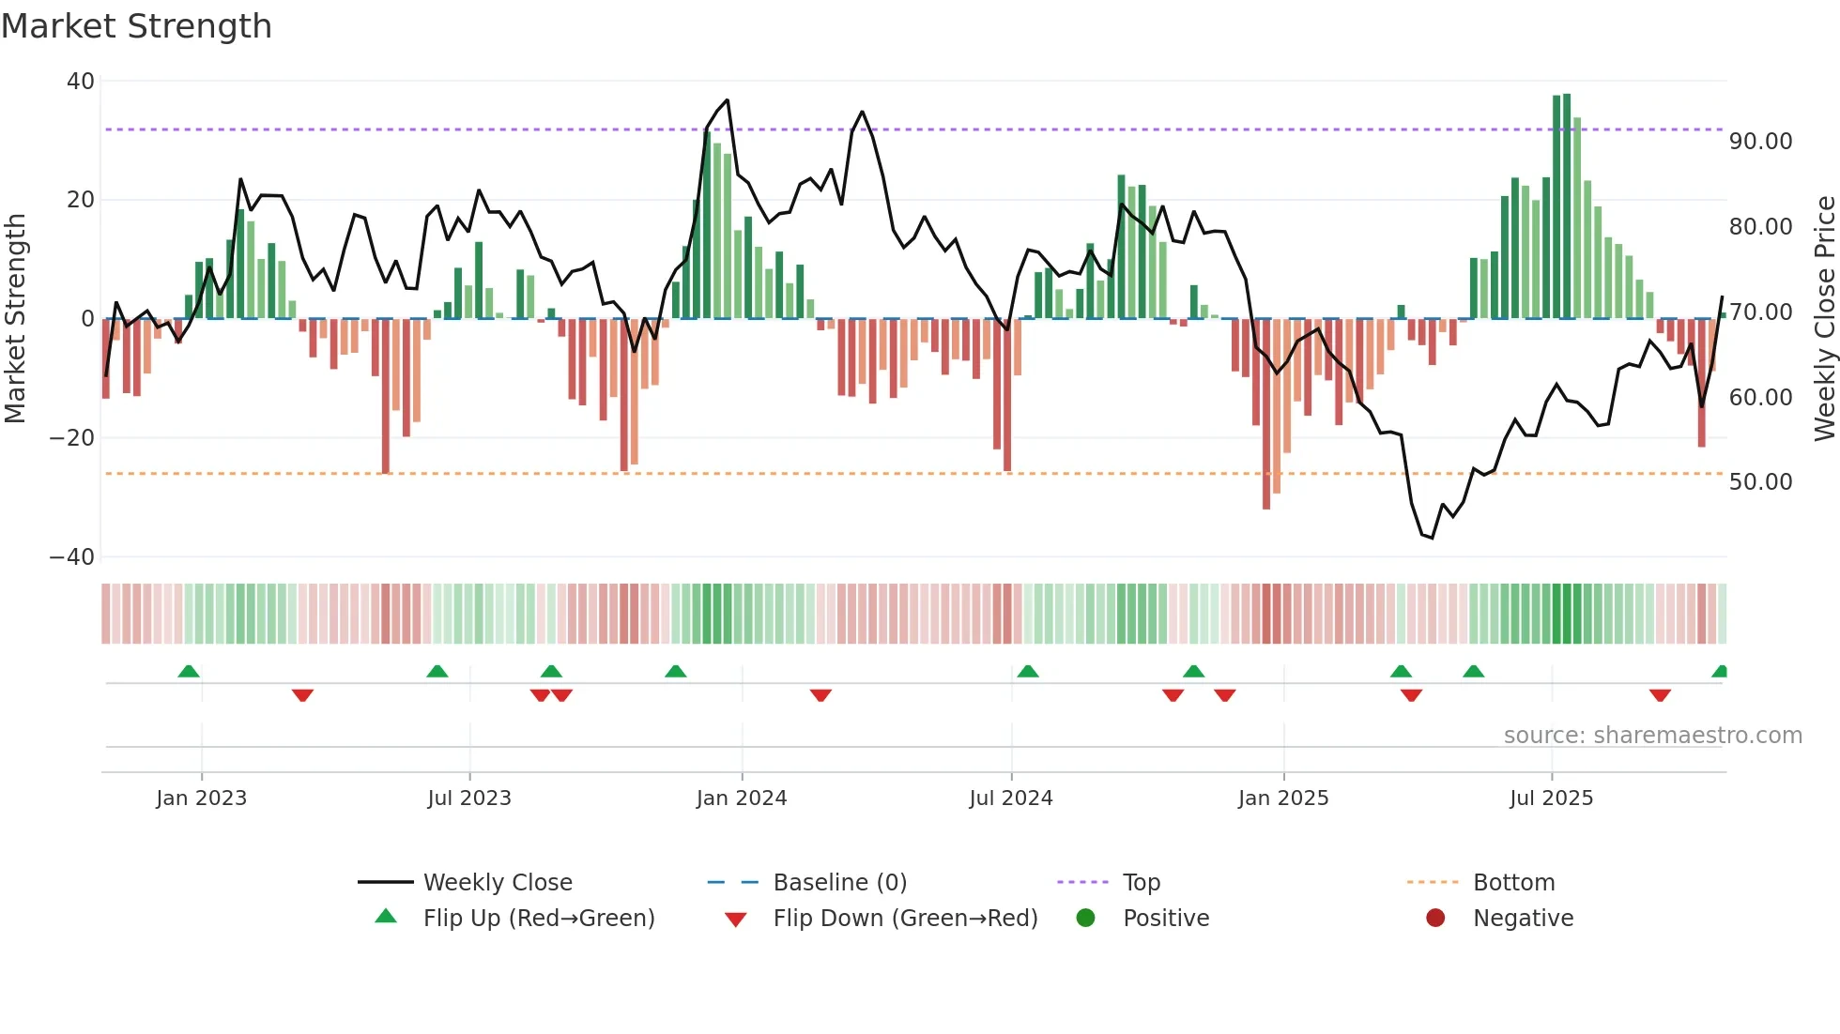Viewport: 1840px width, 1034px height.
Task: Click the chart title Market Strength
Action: (136, 26)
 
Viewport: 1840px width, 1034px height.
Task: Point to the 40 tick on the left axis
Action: (81, 82)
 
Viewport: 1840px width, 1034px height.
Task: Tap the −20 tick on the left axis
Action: (72, 438)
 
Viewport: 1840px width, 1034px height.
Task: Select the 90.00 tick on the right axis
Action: (1760, 142)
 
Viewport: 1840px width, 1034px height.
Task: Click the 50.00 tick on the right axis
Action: (1760, 482)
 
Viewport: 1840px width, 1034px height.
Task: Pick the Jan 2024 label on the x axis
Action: (741, 798)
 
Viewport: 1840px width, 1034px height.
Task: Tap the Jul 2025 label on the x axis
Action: (1551, 798)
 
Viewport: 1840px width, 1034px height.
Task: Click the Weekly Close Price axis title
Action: (1824, 318)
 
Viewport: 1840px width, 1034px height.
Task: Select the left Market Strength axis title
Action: (16, 318)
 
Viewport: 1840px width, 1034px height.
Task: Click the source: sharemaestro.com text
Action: (1652, 736)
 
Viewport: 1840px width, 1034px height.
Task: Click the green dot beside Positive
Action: (1085, 919)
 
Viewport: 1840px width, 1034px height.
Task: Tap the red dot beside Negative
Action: (1435, 919)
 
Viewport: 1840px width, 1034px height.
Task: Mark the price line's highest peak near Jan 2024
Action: (727, 100)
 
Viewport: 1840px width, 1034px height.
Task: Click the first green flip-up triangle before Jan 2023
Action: (189, 672)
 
